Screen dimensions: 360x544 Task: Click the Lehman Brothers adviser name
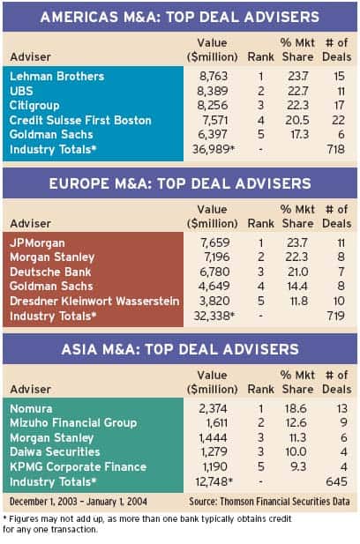57,77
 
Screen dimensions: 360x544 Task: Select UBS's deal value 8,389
213,91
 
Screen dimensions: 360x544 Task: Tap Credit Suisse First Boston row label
80,120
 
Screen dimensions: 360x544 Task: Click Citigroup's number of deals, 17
338,106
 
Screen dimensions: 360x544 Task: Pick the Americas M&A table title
180,17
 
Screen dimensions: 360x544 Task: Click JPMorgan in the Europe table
37,242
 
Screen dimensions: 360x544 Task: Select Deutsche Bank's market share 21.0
298,272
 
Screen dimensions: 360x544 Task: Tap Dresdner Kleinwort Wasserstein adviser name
94,301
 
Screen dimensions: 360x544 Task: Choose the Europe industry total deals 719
335,316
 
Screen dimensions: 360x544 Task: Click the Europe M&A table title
180,183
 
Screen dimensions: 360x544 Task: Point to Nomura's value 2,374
213,408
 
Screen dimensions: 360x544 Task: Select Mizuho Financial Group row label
73,423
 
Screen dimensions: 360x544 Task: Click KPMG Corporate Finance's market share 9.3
299,466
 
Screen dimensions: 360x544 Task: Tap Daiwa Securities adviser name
55,451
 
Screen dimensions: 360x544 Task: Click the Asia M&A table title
180,349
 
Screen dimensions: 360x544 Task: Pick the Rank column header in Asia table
260,390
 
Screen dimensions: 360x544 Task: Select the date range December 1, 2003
44,502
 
